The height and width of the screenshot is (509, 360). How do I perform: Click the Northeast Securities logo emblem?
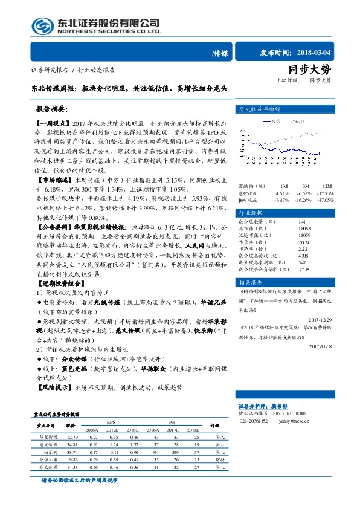(42, 25)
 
